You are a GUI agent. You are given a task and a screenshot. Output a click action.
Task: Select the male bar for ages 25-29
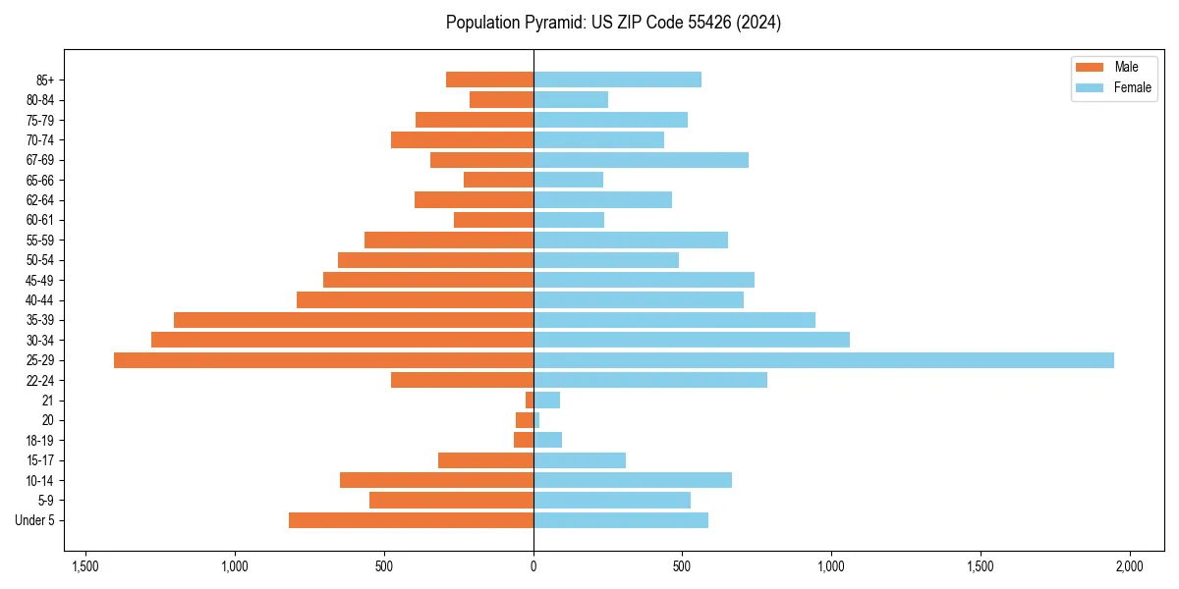323,360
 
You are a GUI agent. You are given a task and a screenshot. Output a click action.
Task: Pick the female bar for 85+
617,80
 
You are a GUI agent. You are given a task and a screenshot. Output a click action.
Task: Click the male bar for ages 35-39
354,320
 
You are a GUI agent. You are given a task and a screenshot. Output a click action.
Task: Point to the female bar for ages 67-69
641,160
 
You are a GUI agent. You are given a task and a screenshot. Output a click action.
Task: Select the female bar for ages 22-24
650,380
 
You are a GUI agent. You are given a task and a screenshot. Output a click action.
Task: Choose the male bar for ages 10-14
436,480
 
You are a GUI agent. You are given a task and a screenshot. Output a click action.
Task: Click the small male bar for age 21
530,401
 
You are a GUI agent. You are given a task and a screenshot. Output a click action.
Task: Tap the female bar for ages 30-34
692,340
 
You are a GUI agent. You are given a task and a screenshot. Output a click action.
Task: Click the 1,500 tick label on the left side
85,566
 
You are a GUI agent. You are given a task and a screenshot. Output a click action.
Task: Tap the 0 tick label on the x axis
533,566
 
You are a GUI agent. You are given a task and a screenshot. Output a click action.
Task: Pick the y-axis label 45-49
40,280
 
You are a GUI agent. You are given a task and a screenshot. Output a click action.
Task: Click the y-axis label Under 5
35,520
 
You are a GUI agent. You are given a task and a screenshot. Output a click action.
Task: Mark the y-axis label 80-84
40,100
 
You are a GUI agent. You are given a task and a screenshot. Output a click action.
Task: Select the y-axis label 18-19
40,441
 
